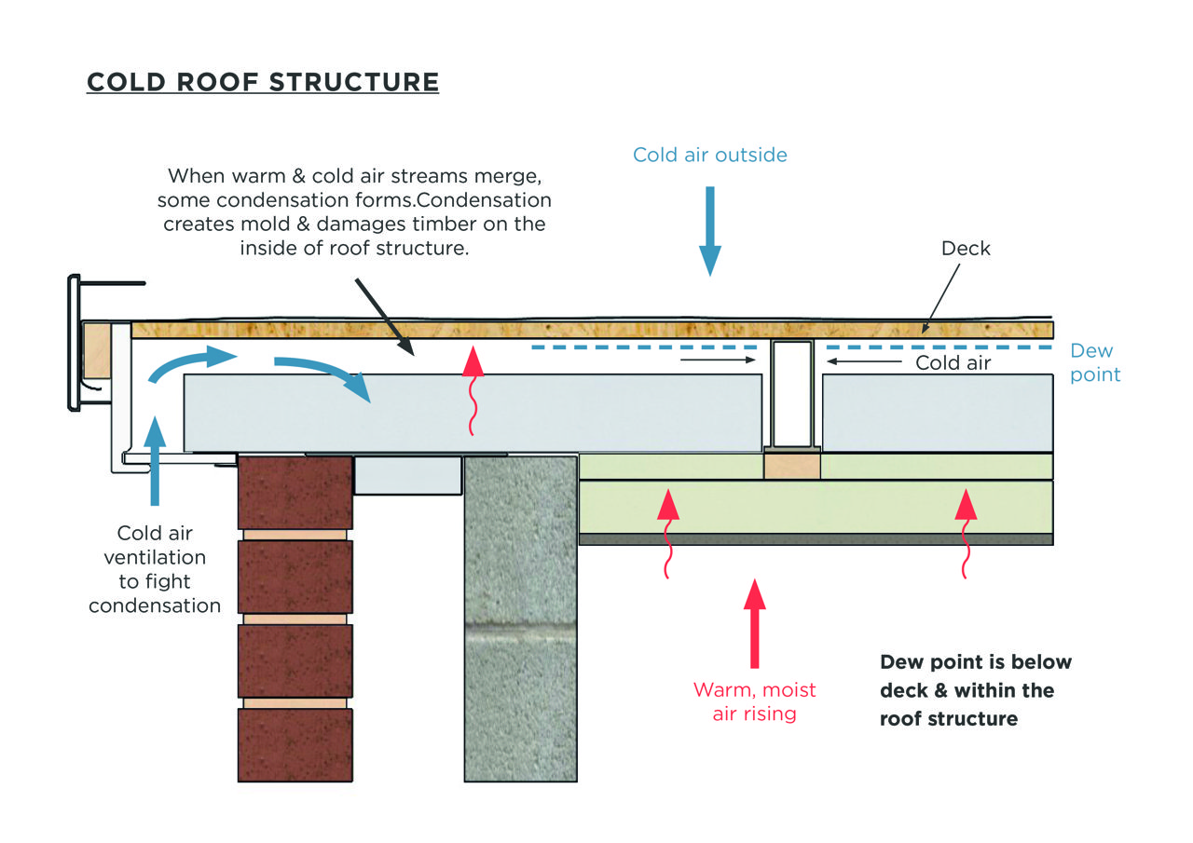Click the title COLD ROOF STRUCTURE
click(262, 81)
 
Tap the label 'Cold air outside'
click(709, 155)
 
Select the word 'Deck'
click(966, 249)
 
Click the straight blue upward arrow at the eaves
click(155, 460)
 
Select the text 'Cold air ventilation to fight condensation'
click(155, 569)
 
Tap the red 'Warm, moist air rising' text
click(754, 701)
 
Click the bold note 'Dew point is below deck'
click(975, 690)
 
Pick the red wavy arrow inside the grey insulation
click(475, 391)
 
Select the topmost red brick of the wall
click(295, 491)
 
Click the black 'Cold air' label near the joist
click(953, 363)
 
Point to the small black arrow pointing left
click(863, 360)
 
